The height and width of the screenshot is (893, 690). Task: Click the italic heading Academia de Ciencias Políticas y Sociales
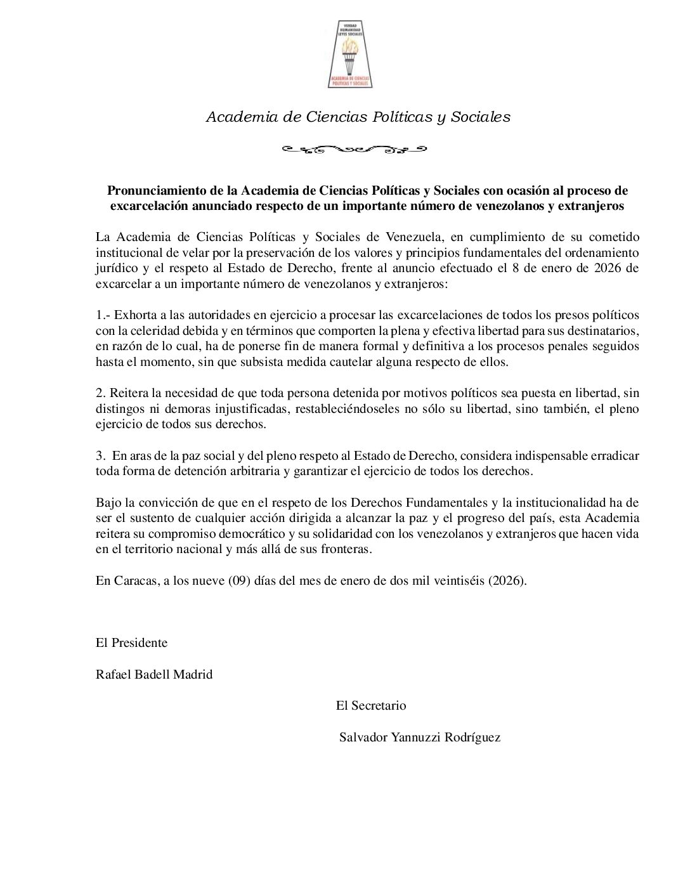358,117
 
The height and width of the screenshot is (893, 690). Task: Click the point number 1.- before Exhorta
103,315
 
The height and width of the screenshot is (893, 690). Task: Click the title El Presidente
131,642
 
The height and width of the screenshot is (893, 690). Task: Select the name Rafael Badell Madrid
154,674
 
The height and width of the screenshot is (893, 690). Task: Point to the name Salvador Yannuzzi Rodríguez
420,737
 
